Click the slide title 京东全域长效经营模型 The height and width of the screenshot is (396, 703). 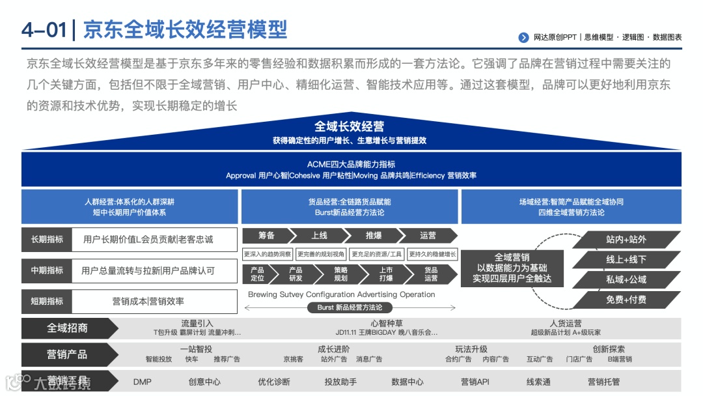(x=186, y=30)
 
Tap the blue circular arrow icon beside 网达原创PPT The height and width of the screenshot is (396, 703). (x=523, y=38)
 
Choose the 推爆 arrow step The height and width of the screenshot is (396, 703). (x=374, y=235)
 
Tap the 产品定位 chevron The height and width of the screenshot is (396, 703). (x=258, y=274)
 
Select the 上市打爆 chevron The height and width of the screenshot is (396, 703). (x=386, y=274)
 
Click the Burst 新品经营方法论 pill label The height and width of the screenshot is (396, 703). (x=350, y=307)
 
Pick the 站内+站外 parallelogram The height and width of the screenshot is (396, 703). (x=626, y=240)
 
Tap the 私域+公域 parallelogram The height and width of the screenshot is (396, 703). (x=626, y=279)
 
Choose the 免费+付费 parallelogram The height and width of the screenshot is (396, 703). (x=626, y=300)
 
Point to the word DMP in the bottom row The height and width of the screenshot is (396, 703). (x=142, y=382)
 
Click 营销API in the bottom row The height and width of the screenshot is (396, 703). (x=475, y=382)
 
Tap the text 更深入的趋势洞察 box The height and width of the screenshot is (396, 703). (x=268, y=254)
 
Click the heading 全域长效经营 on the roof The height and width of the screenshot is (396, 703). (x=350, y=126)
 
